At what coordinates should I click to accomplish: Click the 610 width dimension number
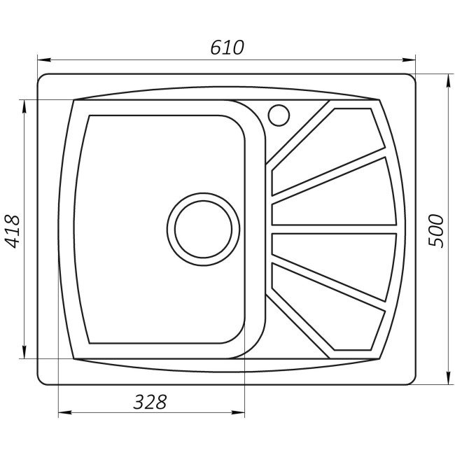227,48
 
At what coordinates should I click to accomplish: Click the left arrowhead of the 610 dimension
41,59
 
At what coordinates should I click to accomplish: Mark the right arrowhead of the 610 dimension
412,59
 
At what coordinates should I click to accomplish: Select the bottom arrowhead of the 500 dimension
448,381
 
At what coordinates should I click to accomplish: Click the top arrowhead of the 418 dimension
25,104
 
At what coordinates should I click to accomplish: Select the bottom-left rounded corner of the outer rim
42,379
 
